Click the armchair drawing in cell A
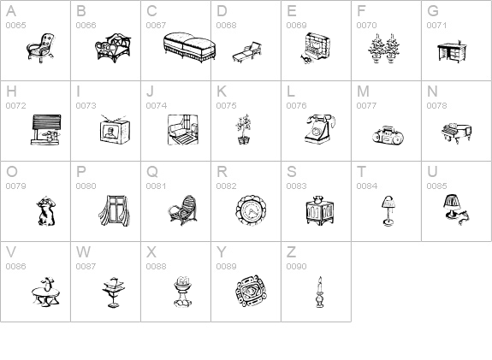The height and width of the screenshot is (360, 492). tap(40, 48)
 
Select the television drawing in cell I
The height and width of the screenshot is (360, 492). tap(116, 130)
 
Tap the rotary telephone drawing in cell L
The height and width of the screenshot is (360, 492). tap(319, 129)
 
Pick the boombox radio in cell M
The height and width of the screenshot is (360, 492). tap(388, 135)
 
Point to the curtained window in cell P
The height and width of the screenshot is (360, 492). tap(115, 210)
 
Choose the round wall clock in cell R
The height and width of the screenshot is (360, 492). tap(251, 210)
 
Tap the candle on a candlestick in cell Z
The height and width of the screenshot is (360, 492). tap(320, 292)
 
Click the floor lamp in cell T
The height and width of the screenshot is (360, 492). tap(388, 210)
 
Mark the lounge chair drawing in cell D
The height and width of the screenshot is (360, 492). tap(247, 52)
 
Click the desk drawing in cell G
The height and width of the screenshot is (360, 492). tap(452, 52)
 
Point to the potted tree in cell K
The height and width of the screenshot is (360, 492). tap(244, 129)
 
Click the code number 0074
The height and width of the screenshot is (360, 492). tap(157, 106)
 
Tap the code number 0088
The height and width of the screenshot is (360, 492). tap(156, 267)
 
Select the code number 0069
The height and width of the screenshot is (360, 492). tap(297, 26)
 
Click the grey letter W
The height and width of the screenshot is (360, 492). tap(83, 252)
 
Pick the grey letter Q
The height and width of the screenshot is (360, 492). tap(152, 172)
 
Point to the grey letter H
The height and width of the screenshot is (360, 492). tap(11, 91)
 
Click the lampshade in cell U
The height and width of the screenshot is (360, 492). tap(452, 201)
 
